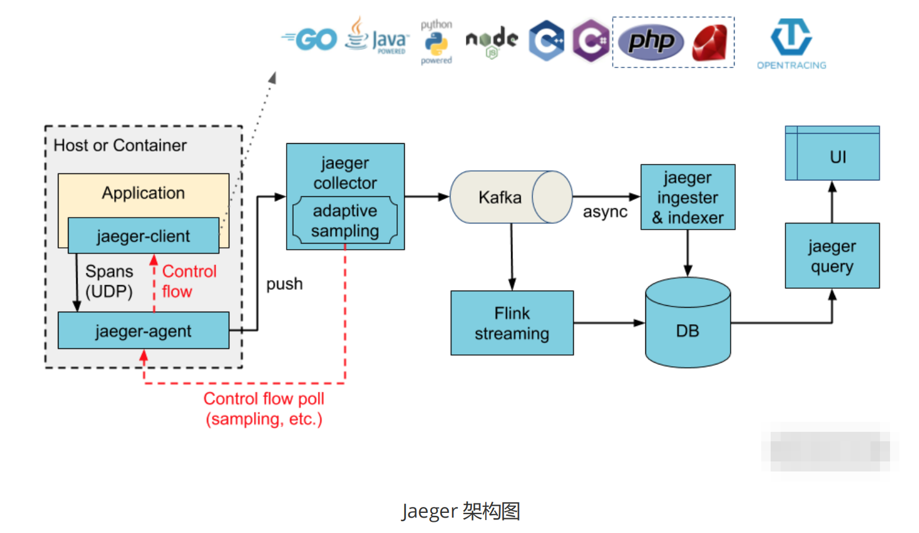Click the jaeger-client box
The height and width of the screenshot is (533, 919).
[144, 235]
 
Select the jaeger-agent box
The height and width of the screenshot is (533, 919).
[144, 331]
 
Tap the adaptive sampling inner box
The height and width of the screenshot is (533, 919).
[345, 221]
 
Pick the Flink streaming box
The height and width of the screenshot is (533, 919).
[512, 323]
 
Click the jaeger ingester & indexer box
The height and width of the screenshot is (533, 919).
[688, 197]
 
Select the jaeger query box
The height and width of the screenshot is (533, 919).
[832, 256]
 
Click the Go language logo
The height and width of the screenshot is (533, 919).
[310, 40]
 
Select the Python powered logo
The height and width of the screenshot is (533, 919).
[436, 42]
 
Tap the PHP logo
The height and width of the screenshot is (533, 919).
[651, 41]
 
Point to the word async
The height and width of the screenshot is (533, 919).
[605, 212]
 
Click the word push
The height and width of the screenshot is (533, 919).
[284, 284]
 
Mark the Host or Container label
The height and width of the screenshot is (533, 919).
[120, 146]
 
